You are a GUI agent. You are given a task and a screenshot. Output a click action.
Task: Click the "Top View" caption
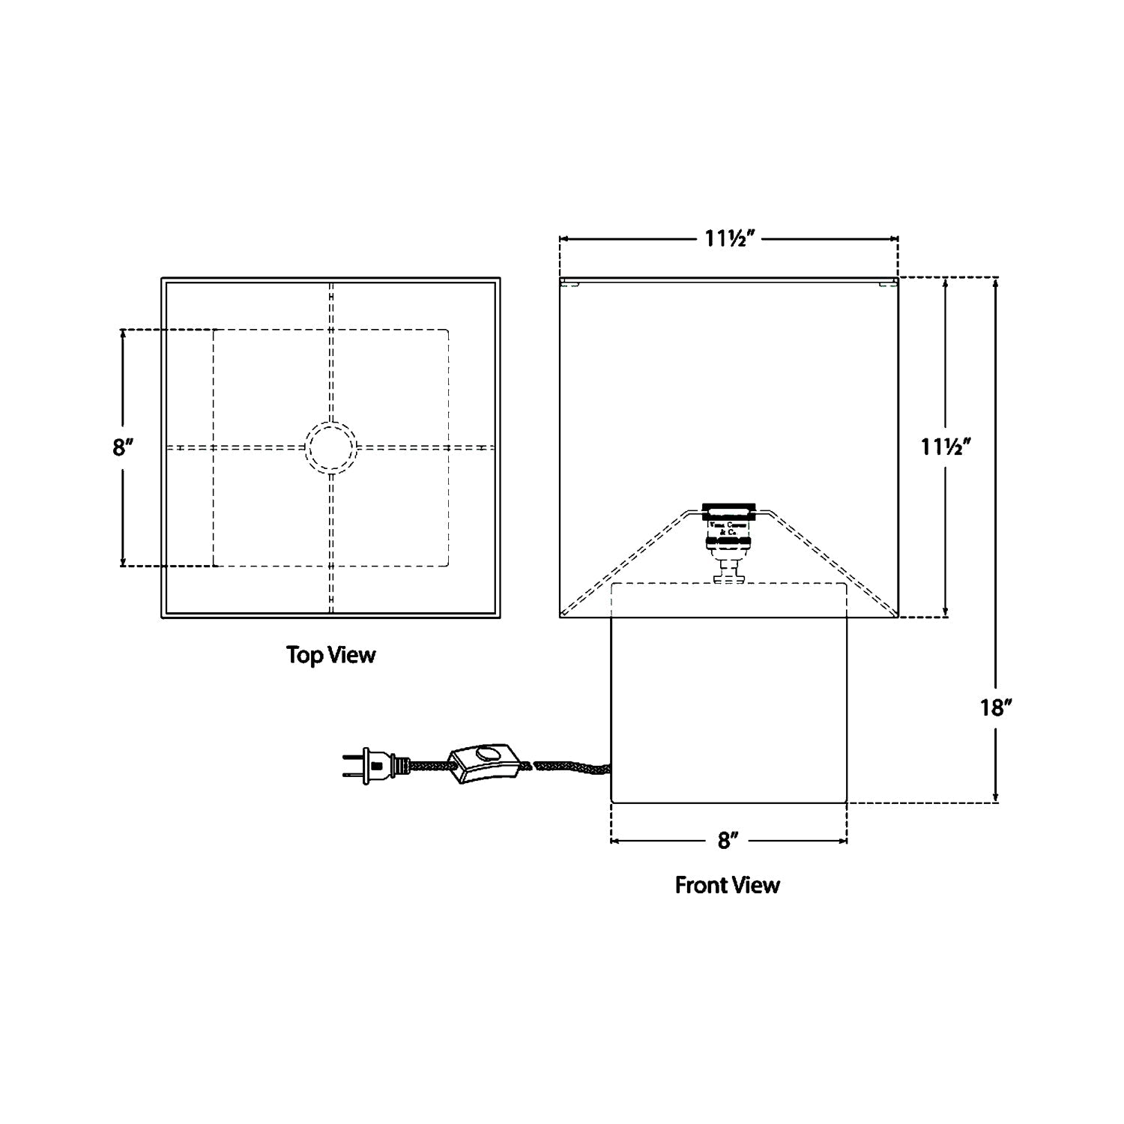point(330,655)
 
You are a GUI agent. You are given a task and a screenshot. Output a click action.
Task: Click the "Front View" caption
point(727,885)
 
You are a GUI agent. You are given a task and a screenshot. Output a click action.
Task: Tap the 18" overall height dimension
point(996,707)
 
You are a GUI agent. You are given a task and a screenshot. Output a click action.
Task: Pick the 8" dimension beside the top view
point(123,447)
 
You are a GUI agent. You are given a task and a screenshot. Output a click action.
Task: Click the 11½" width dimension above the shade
point(728,239)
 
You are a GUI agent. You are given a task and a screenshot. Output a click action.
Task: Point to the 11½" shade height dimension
point(946,447)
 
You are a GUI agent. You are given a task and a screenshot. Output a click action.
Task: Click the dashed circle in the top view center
point(330,447)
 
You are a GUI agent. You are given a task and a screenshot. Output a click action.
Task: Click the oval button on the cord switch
point(490,755)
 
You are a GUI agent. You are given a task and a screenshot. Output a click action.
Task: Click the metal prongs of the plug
point(352,766)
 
